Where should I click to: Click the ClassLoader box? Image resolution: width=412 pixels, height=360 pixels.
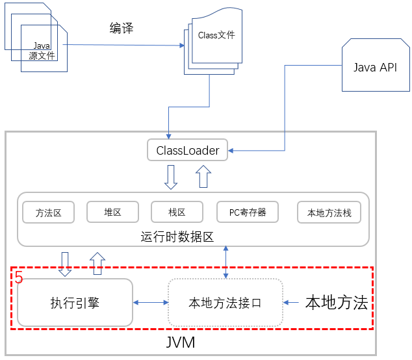point(188,151)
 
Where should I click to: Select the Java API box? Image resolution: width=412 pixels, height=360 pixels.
point(374,68)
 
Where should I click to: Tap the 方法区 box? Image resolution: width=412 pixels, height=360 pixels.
point(49,212)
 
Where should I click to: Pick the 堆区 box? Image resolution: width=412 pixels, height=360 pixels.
point(112,212)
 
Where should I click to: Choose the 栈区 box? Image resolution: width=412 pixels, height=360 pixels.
point(177,212)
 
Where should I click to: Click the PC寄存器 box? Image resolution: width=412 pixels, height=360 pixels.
point(248,212)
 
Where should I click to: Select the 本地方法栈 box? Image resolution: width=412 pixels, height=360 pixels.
point(329,212)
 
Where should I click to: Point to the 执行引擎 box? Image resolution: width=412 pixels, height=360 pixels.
point(75,302)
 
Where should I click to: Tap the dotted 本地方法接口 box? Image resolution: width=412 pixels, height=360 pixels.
point(225,302)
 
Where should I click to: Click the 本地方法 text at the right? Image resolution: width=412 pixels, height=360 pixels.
point(337,302)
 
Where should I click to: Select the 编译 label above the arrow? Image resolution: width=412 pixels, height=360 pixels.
point(122,28)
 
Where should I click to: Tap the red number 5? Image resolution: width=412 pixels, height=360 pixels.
point(19,278)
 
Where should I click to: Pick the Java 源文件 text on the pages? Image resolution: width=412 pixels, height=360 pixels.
point(42,51)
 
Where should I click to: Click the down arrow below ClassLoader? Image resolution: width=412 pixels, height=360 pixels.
point(171,177)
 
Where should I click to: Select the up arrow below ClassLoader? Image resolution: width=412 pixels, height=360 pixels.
point(203,176)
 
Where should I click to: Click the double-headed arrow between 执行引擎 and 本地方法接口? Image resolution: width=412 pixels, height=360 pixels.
point(150,302)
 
